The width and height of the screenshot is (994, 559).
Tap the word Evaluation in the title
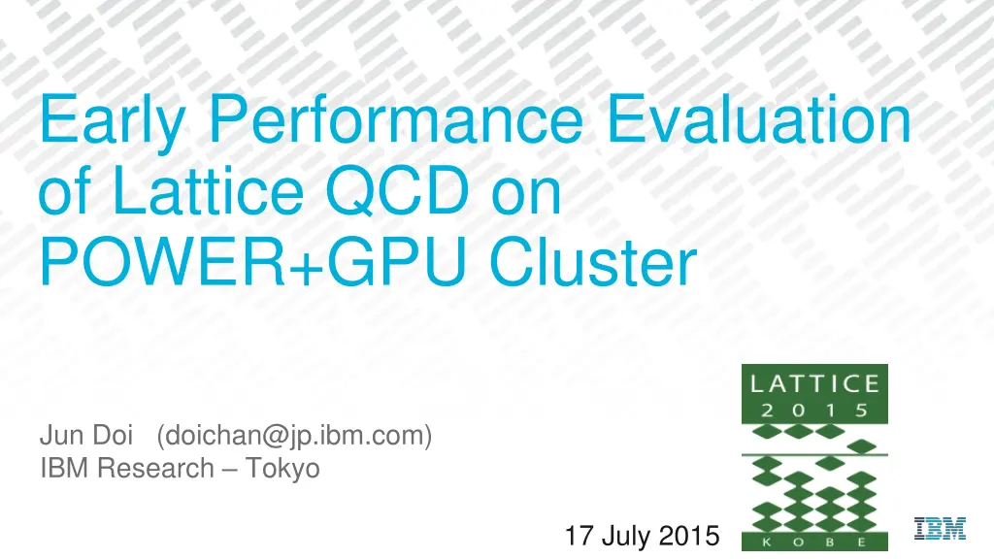753,122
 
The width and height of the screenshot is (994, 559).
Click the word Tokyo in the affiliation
282,469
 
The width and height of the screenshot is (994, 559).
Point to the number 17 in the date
579,536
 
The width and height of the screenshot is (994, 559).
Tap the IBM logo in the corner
940,528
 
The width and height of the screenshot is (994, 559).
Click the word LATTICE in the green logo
814,382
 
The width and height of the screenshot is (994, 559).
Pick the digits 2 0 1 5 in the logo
814,410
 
